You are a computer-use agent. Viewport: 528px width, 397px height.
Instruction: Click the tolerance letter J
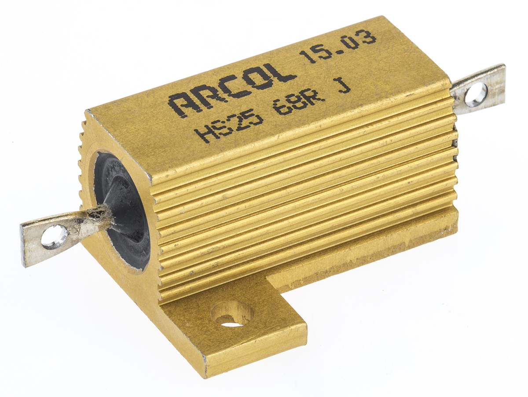point(345,88)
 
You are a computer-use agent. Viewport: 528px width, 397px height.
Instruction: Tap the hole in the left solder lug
point(55,236)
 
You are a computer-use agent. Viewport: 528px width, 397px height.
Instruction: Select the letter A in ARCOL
point(181,105)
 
